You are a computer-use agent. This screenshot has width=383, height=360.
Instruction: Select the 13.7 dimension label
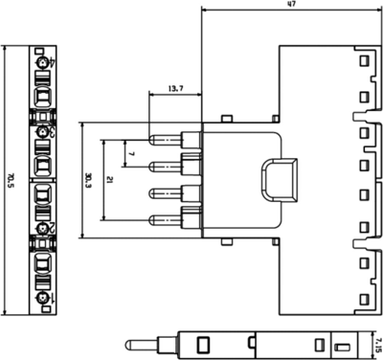click(x=174, y=88)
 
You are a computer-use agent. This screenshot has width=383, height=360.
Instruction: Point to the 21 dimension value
click(x=111, y=179)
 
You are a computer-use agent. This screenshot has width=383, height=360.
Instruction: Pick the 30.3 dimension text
click(x=88, y=179)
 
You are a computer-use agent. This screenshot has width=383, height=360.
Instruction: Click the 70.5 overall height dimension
click(x=11, y=179)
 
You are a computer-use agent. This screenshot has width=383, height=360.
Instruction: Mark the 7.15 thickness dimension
click(x=376, y=343)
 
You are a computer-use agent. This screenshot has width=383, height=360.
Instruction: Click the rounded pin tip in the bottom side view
click(x=135, y=343)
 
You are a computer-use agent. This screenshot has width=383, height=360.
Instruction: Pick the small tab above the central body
click(x=222, y=120)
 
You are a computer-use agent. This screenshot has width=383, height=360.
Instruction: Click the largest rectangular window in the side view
click(x=204, y=343)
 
